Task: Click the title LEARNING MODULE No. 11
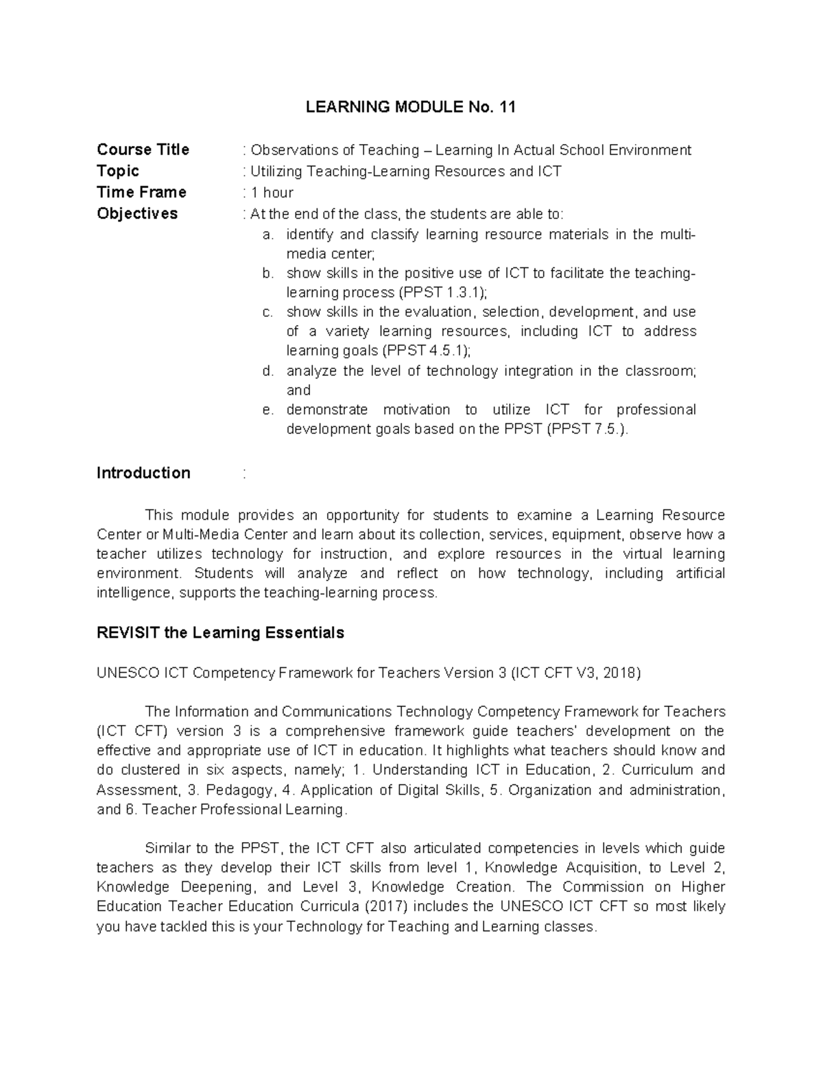410,107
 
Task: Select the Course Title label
143,149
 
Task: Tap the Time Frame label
141,192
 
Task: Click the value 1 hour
272,193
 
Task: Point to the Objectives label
137,213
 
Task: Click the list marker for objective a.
267,235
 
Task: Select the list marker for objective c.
267,312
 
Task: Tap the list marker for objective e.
267,410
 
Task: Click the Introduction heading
143,473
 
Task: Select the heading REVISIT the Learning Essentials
220,632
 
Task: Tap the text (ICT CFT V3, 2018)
576,673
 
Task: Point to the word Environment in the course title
652,150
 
